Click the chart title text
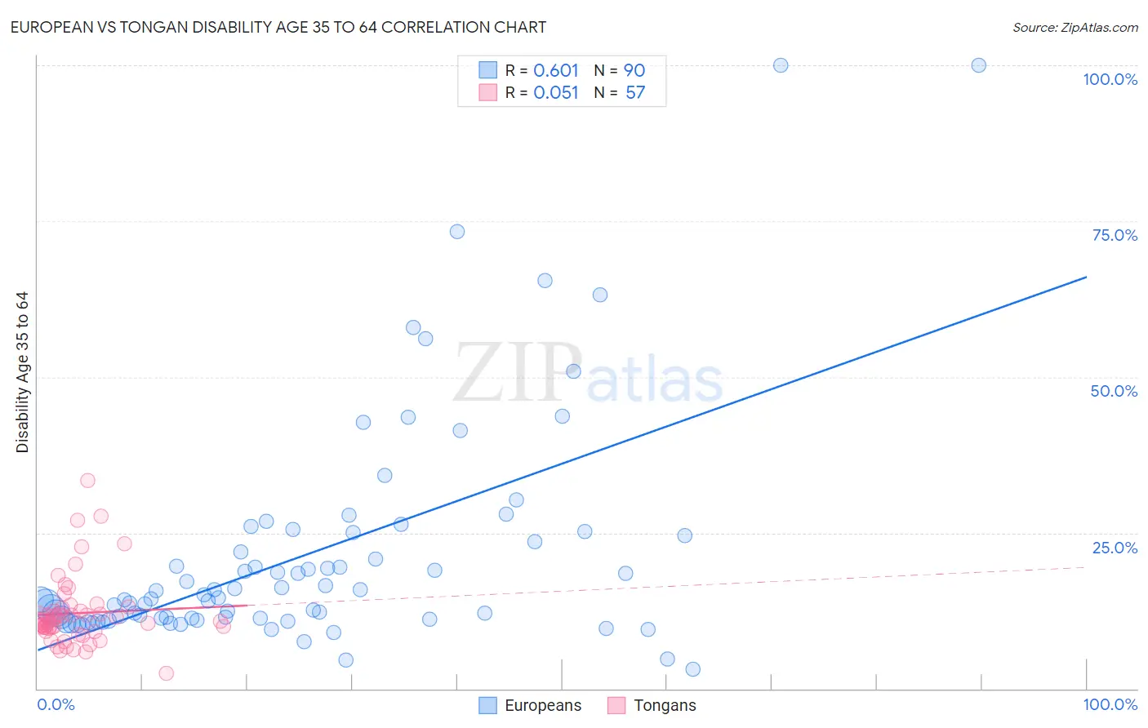[x=278, y=27]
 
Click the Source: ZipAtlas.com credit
[x=1075, y=27]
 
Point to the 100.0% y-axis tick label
[x=1110, y=79]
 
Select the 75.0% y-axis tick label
[x=1115, y=235]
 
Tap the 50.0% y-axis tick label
[x=1114, y=391]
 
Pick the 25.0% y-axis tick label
[x=1115, y=548]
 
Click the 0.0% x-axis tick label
[x=56, y=704]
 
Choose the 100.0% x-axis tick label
[x=1110, y=704]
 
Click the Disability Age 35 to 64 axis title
[x=22, y=372]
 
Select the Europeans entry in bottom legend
[x=542, y=705]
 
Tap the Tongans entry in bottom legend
[x=665, y=705]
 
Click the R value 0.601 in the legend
[x=555, y=70]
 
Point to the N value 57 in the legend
[x=635, y=92]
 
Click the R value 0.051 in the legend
[x=555, y=92]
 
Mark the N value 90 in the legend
[x=634, y=70]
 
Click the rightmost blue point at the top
[x=978, y=65]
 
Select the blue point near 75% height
[x=457, y=232]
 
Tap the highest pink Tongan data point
[x=87, y=481]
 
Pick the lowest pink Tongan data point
[x=166, y=673]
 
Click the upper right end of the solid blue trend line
[x=1086, y=277]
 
